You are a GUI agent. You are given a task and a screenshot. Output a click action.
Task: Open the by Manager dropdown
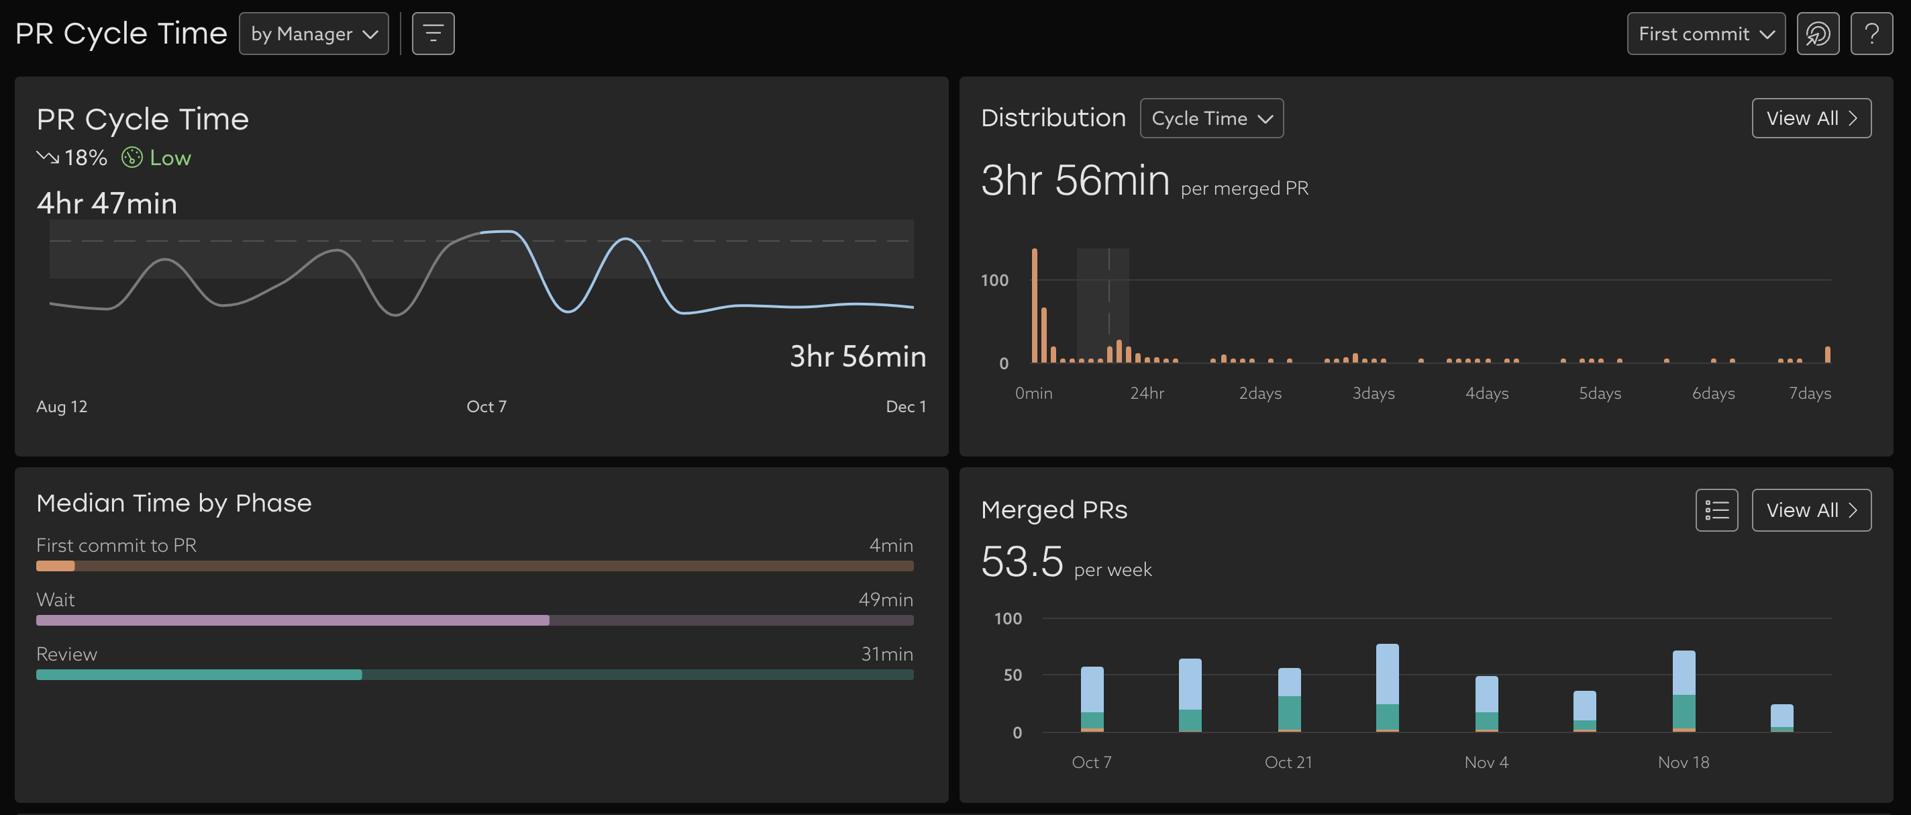(x=314, y=34)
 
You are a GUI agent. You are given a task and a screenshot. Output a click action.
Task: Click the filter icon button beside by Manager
(x=433, y=34)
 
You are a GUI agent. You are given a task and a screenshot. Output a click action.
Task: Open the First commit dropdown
(x=1706, y=34)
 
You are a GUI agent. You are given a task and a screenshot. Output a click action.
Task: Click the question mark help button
(x=1871, y=34)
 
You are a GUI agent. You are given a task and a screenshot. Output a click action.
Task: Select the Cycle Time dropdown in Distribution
(x=1211, y=118)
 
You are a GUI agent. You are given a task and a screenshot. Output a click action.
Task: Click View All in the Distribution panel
(x=1811, y=118)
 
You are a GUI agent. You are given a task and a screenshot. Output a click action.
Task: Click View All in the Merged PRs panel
(x=1811, y=510)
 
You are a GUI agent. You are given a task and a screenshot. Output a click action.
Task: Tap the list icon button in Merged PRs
(x=1716, y=510)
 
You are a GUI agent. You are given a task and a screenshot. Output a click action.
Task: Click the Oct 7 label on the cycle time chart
(x=486, y=406)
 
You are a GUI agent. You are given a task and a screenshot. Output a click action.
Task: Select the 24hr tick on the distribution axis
(x=1147, y=393)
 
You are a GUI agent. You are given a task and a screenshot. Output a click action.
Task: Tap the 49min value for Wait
(x=885, y=599)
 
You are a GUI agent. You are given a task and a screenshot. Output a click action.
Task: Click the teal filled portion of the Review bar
(x=199, y=675)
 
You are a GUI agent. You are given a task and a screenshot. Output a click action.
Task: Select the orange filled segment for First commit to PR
(x=56, y=566)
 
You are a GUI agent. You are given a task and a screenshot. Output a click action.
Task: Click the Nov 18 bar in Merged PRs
(x=1684, y=690)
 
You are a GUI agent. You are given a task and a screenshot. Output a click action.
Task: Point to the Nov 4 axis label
(x=1486, y=761)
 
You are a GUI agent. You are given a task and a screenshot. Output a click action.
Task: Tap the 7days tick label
(x=1810, y=393)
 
